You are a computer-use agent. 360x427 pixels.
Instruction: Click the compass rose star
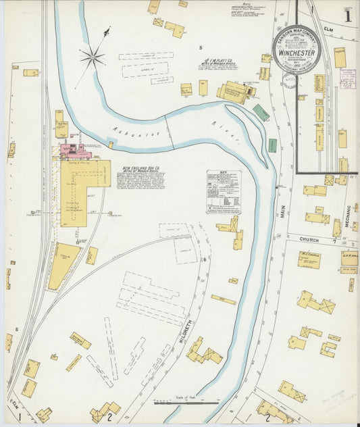pyautogui.click(x=93, y=57)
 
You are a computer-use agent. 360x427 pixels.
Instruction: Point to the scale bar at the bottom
pyautogui.click(x=186, y=403)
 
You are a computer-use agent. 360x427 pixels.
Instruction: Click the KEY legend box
pyautogui.click(x=224, y=192)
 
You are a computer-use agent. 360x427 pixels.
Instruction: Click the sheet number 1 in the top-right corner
pyautogui.click(x=347, y=15)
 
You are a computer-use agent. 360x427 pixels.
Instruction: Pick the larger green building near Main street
pyautogui.click(x=261, y=112)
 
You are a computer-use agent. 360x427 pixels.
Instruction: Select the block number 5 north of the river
pyautogui.click(x=201, y=47)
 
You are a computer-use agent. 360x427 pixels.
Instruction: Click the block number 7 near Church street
pyautogui.click(x=334, y=240)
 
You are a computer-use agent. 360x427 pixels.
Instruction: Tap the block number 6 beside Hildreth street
pyautogui.click(x=203, y=259)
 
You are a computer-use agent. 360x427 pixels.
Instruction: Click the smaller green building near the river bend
pyautogui.click(x=272, y=145)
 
